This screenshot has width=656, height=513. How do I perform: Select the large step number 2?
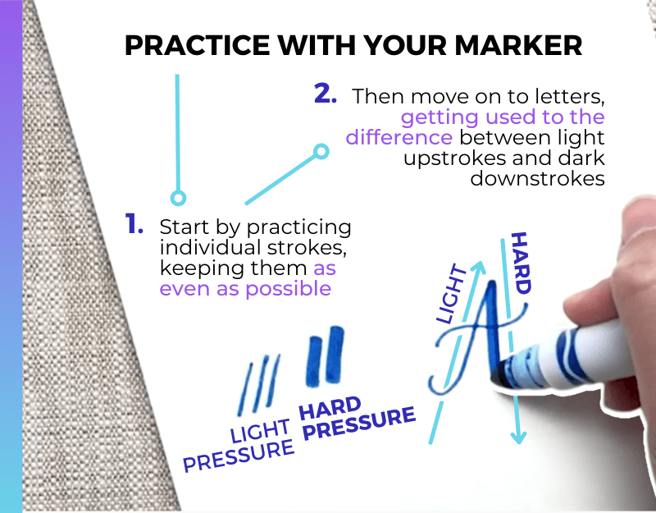326,93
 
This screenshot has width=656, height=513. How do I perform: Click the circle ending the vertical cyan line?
178,197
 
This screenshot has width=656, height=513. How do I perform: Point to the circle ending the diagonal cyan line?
321,151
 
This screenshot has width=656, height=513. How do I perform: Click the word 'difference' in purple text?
399,136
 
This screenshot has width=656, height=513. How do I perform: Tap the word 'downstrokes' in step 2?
538,178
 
